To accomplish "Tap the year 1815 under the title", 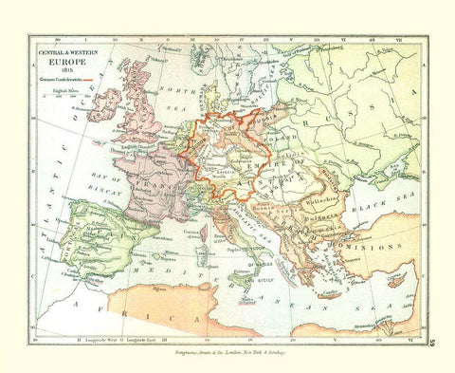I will [x=68, y=72].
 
